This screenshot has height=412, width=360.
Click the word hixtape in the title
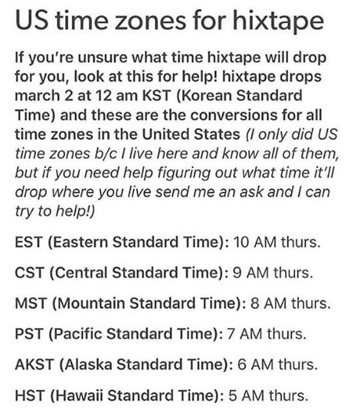click(x=277, y=21)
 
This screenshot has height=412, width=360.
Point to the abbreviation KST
click(x=156, y=96)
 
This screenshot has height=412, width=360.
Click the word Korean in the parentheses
click(x=206, y=96)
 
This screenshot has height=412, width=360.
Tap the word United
click(x=166, y=134)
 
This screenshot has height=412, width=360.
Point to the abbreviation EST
click(x=29, y=242)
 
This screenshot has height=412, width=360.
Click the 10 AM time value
click(x=255, y=242)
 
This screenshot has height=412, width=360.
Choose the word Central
click(x=81, y=273)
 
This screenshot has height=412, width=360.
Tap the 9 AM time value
click(x=251, y=273)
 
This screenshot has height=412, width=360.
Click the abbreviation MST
click(x=31, y=303)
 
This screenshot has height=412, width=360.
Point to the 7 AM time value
click(x=244, y=334)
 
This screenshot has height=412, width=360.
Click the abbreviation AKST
click(x=34, y=364)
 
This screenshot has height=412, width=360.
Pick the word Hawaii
click(x=76, y=395)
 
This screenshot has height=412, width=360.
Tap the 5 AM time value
click(x=246, y=395)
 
